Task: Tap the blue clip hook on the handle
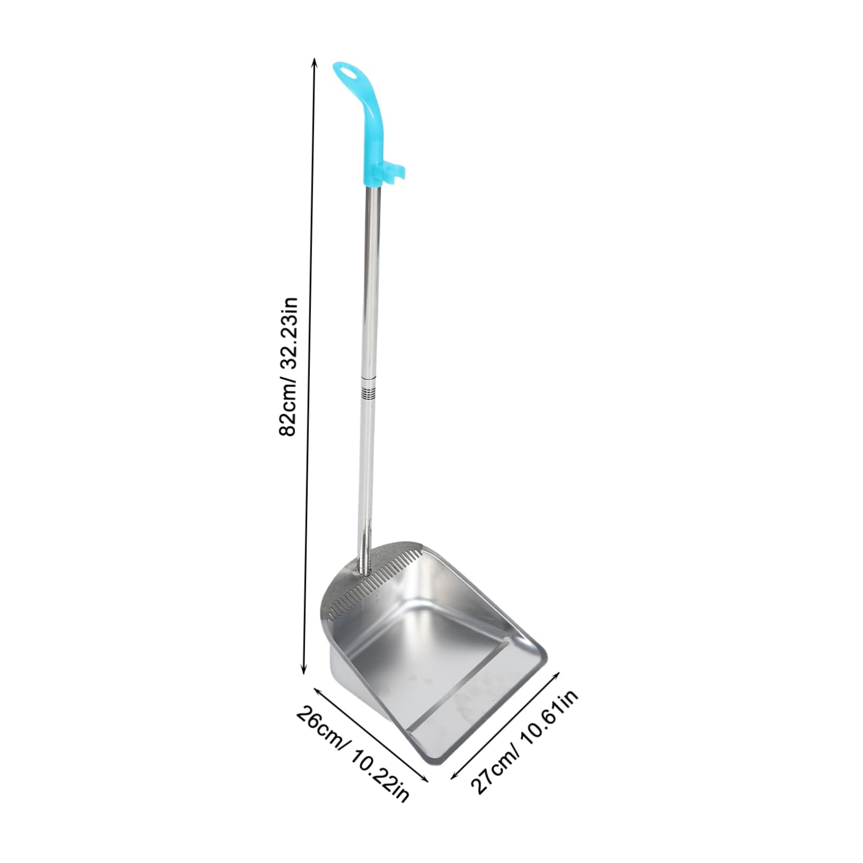click(395, 171)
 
